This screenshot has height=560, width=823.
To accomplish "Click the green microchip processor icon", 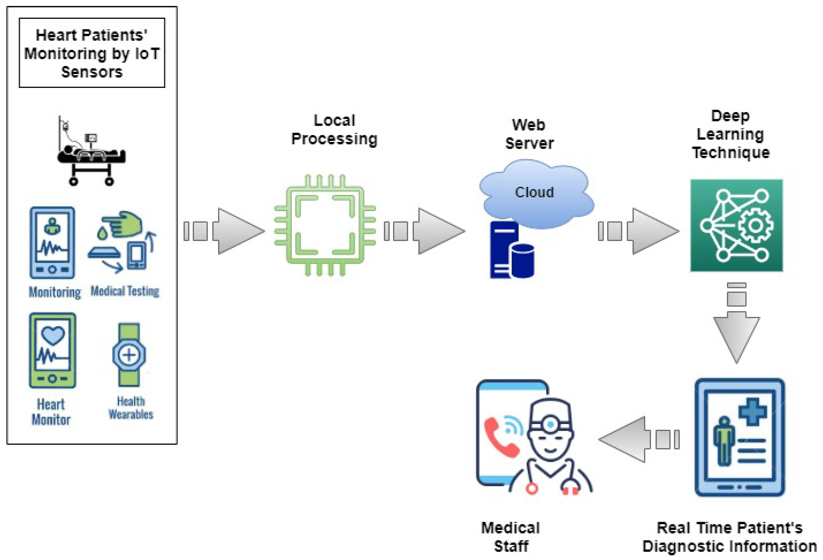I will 325,225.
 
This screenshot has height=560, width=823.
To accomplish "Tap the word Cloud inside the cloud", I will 534,192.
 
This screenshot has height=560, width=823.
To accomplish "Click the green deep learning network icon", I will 736,225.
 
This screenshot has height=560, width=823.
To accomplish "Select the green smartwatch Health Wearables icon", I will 129,354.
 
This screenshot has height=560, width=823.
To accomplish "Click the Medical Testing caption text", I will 125,291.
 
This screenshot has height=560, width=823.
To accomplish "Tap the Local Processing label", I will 334,129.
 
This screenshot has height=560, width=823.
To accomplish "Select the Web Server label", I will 529,134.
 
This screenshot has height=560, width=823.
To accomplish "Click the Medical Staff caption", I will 510,537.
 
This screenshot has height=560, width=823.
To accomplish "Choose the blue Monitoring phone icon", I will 52,243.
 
